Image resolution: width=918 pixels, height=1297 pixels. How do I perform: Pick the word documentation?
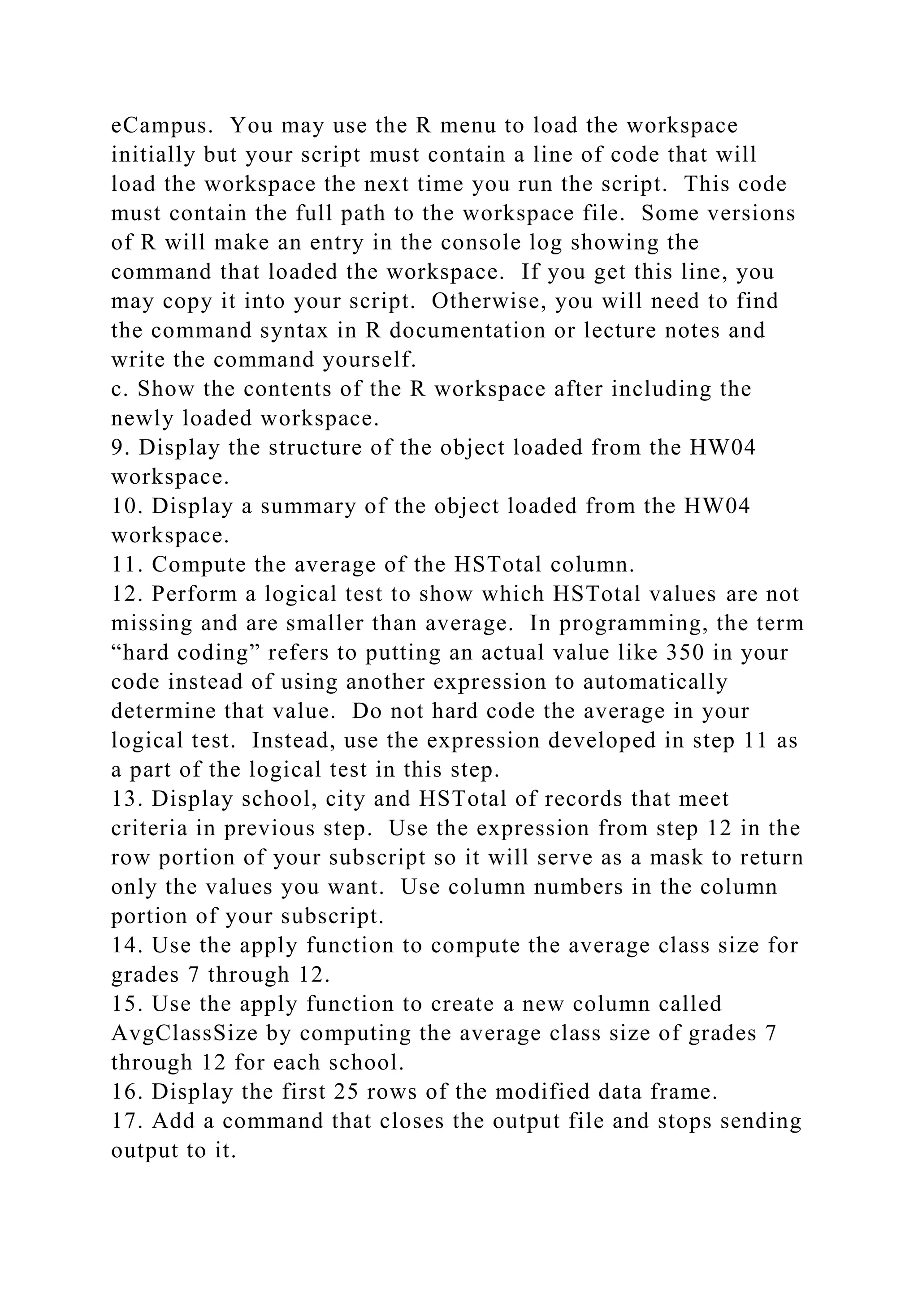[468, 331]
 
